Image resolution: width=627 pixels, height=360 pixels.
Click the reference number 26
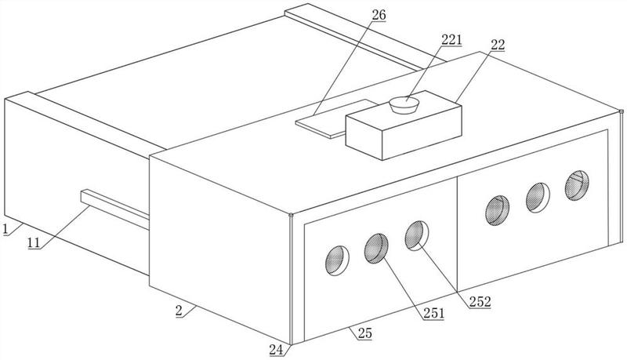379,15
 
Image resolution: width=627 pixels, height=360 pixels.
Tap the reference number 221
452,39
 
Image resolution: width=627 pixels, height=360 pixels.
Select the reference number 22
498,45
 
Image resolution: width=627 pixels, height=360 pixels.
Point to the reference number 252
480,302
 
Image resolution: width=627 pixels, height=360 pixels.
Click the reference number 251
434,313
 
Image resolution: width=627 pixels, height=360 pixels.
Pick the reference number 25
364,333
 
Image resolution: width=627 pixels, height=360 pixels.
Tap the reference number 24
277,351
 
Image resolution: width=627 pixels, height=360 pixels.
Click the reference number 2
179,311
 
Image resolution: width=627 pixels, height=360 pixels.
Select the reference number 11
34,242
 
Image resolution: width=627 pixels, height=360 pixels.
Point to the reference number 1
5,230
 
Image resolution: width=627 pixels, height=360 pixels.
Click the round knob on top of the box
404,105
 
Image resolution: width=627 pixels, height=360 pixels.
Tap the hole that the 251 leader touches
376,249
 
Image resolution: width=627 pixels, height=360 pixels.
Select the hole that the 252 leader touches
417,235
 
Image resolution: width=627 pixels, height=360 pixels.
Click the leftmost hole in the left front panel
337,260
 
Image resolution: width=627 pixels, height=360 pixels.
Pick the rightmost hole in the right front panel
577,185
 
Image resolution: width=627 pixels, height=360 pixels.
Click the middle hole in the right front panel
538,198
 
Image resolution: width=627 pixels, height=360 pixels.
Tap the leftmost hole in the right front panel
498,210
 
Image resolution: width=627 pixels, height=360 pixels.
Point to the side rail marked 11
114,209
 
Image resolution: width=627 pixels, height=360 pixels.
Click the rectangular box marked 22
404,128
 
